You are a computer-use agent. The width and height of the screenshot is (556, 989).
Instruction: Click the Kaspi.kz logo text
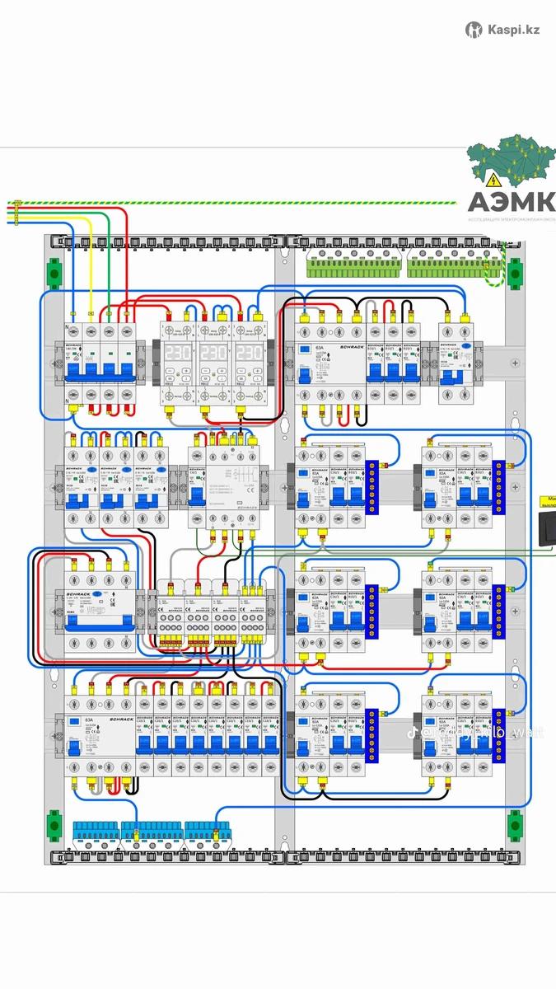[512, 30]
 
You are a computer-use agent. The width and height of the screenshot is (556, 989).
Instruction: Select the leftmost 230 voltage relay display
[180, 349]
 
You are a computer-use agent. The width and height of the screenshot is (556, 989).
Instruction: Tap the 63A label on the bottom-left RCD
[88, 721]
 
